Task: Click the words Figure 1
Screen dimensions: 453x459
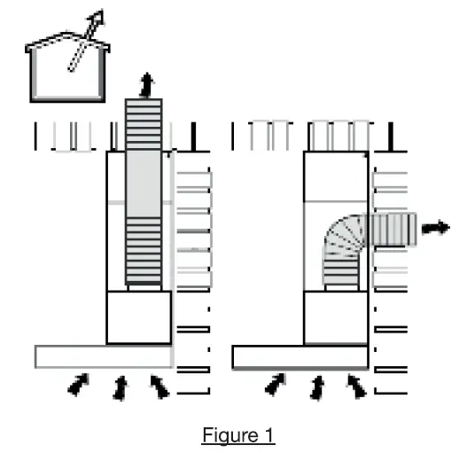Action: coord(238,435)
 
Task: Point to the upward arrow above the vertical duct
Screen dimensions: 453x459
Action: coord(145,85)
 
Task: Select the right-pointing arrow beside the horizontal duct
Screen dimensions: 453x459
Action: coord(434,227)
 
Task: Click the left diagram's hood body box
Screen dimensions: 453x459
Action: coord(138,316)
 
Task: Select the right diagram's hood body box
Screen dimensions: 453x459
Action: coord(336,316)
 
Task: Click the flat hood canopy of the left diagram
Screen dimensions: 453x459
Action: coord(103,356)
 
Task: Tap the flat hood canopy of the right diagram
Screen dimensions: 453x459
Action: coord(300,356)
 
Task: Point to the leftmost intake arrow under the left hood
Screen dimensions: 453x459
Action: coord(79,384)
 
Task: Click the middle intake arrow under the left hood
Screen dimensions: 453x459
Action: coord(121,387)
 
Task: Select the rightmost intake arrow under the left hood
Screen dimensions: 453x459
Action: coord(159,384)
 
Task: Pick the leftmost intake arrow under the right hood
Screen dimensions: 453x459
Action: coord(276,384)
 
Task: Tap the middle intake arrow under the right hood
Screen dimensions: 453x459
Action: coord(317,387)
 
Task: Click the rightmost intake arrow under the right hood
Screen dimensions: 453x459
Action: coord(355,384)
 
